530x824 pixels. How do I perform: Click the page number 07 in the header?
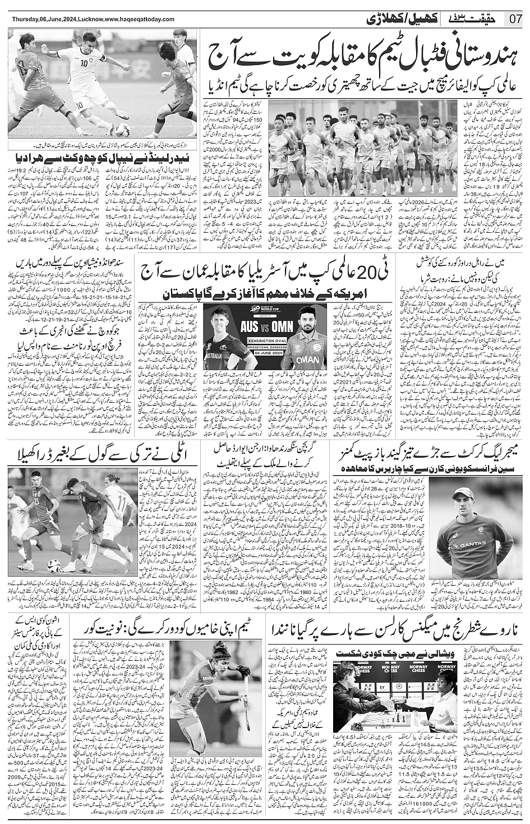[516, 20]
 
